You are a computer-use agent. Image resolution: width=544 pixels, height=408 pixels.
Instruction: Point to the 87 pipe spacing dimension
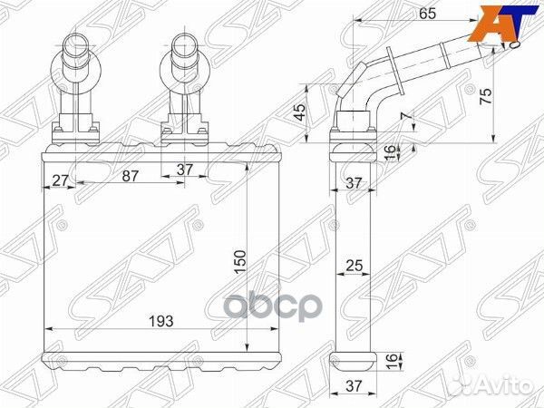[x=130, y=177]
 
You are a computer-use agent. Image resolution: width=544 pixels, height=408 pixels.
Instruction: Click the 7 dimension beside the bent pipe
[x=405, y=118]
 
